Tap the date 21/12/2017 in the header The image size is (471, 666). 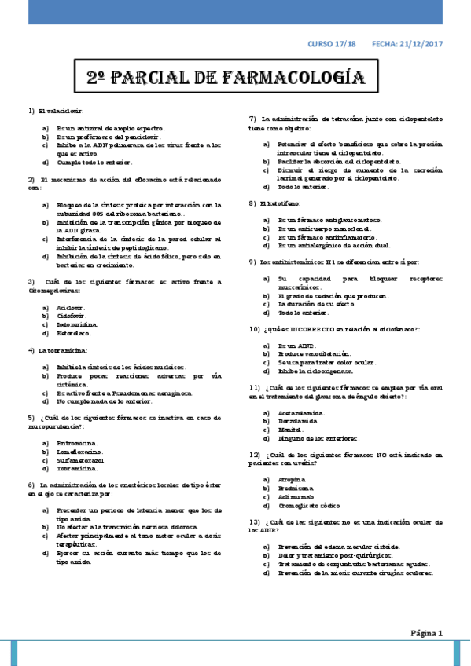coord(421,45)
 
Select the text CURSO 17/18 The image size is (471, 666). coord(332,45)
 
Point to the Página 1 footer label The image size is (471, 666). coord(428,632)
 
